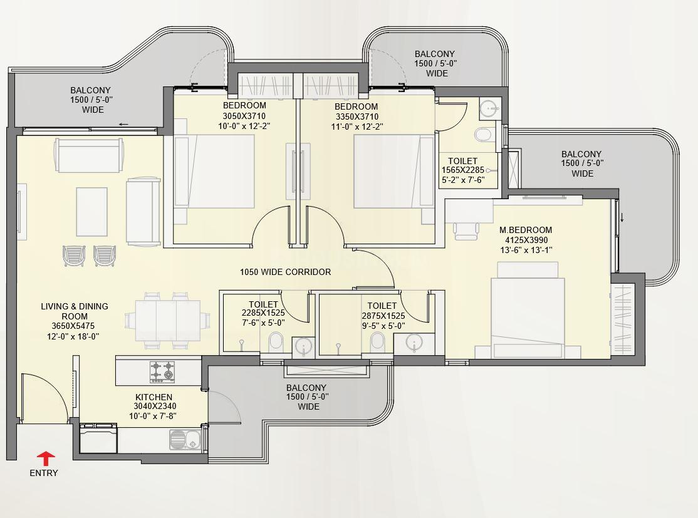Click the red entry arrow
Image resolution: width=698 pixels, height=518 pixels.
pyautogui.click(x=45, y=459)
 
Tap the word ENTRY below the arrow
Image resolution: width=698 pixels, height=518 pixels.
pyautogui.click(x=44, y=473)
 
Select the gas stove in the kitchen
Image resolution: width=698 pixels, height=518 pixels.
pyautogui.click(x=162, y=371)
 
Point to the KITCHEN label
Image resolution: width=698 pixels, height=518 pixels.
pyautogui.click(x=154, y=397)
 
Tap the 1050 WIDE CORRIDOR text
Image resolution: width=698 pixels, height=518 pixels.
pyautogui.click(x=285, y=272)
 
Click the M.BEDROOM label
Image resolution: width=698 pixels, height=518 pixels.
pyautogui.click(x=526, y=230)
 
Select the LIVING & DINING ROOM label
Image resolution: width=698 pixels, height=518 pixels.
pyautogui.click(x=75, y=311)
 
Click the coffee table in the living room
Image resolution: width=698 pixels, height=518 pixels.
pyautogui.click(x=91, y=212)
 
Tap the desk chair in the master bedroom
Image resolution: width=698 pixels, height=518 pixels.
pyautogui.click(x=466, y=229)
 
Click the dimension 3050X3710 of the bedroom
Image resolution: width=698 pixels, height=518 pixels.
pyautogui.click(x=244, y=116)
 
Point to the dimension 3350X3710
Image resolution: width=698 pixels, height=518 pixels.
pyautogui.click(x=357, y=117)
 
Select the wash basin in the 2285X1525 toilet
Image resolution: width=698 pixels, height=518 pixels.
pyautogui.click(x=304, y=346)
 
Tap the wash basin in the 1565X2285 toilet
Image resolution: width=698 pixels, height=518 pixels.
pyautogui.click(x=490, y=108)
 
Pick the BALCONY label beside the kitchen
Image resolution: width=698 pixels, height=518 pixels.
pyautogui.click(x=306, y=388)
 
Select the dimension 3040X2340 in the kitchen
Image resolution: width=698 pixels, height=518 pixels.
pyautogui.click(x=155, y=407)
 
